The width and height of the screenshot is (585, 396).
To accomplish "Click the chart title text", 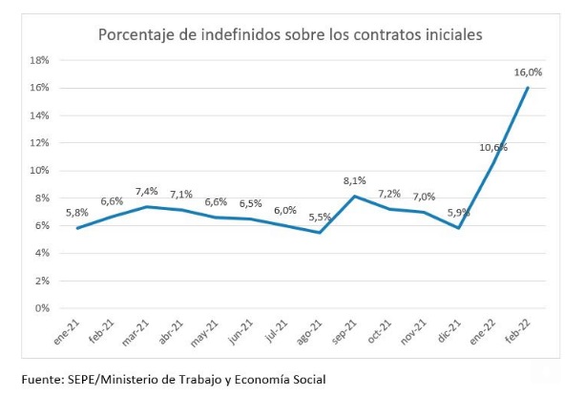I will coord(290,34).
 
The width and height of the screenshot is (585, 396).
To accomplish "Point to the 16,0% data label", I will coord(528,72).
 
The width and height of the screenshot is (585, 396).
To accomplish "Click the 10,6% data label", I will coord(492,147).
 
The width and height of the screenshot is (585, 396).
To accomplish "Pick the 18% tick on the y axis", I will coord(40,59).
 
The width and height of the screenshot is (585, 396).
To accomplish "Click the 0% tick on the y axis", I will coord(43,308).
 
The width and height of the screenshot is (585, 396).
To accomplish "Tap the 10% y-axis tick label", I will coord(40,170).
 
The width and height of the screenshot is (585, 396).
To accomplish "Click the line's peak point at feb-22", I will coord(529,88).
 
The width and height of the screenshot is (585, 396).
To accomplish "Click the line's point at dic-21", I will coord(459,227).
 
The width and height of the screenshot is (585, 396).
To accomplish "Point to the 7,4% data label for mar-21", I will coord(146,191).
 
